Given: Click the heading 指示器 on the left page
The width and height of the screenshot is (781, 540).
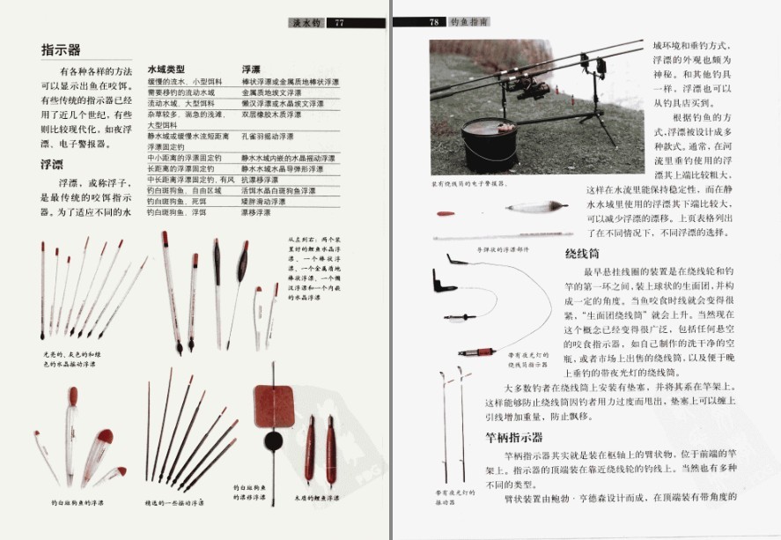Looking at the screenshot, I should click(62, 49).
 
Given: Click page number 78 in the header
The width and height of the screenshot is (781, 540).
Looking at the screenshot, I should click(434, 23).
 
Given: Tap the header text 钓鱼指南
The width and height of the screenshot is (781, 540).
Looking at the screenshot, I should click(470, 23).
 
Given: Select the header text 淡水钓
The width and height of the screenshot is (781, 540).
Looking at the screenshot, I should click(305, 23).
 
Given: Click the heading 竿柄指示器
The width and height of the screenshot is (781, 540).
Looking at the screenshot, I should click(513, 436).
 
